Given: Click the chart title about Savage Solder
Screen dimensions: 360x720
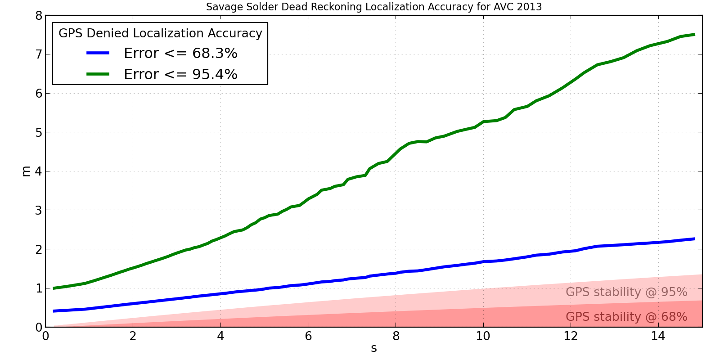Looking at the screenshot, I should [x=373, y=7].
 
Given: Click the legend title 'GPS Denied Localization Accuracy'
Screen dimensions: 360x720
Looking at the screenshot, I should [x=160, y=33].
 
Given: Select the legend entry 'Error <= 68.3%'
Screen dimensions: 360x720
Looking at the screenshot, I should [x=180, y=54].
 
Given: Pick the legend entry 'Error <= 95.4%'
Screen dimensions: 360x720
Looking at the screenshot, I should [x=180, y=74].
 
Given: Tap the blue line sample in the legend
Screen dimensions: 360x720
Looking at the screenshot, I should [x=98, y=53].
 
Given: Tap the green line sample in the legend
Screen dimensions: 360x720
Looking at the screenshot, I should [x=98, y=74].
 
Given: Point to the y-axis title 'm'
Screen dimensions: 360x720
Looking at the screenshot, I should [x=26, y=171].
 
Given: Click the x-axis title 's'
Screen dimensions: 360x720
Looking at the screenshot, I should [x=374, y=348].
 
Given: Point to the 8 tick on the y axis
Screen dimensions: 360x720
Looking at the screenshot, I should [x=39, y=16].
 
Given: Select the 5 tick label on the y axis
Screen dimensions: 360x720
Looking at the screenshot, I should [x=39, y=133].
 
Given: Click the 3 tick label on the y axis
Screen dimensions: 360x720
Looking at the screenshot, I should [x=39, y=211].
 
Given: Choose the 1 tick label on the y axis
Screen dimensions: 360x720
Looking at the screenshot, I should [x=39, y=288].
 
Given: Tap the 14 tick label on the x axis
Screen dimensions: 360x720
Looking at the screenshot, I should [x=658, y=336].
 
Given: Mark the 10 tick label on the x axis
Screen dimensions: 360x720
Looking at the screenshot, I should [x=483, y=336].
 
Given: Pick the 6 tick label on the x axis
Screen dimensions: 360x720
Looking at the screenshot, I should [x=308, y=336].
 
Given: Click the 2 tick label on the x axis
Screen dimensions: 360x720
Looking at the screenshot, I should [x=133, y=336].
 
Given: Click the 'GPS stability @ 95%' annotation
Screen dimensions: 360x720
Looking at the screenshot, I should [x=626, y=292].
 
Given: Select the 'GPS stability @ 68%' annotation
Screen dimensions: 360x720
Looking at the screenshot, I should [x=626, y=317].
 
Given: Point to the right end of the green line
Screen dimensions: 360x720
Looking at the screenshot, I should [x=694, y=34].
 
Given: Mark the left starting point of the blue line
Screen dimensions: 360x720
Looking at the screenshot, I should [x=54, y=311].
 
